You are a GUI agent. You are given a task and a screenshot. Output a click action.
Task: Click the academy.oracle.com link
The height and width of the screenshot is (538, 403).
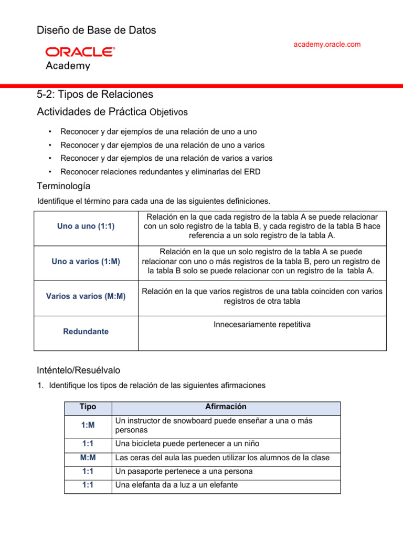pos(327,44)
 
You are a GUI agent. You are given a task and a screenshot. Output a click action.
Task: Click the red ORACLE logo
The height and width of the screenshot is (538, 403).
pos(80,51)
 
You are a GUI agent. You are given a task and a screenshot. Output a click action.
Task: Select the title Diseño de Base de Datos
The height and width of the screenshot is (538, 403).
pos(96,30)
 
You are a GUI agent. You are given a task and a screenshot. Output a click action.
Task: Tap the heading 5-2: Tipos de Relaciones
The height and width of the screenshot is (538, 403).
pos(95,95)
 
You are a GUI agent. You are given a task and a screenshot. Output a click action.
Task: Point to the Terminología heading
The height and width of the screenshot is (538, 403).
pos(63,186)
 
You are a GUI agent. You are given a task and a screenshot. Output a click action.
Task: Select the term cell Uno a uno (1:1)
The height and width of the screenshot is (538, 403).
pos(86,226)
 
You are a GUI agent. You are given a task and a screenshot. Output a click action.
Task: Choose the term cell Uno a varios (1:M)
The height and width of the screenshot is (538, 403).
pos(86,261)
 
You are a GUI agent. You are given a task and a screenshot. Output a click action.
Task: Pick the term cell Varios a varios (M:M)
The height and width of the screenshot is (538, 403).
pos(86,296)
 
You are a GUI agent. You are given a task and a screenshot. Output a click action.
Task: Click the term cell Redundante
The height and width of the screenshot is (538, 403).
pos(86,332)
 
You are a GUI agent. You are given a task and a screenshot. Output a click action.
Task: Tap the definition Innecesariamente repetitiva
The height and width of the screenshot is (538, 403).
pos(262,325)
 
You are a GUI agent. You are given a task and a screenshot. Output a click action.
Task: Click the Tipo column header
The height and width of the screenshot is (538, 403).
pos(88,407)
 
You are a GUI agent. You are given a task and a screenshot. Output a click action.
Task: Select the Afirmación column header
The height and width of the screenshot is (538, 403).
pos(226,407)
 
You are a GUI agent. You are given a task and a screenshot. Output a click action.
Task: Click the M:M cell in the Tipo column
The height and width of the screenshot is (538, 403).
pos(88,458)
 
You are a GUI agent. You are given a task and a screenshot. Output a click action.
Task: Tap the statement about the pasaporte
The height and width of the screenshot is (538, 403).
pos(184,471)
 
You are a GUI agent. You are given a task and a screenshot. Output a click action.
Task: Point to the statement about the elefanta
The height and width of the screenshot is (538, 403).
pos(176,485)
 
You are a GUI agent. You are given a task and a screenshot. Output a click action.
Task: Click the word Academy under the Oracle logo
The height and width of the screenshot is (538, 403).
pos(68,66)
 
